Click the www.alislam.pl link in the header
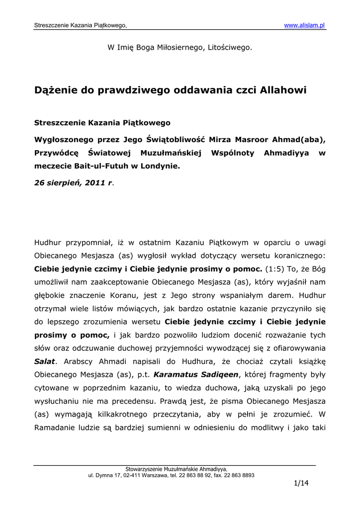(304, 25)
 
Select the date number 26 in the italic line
(39, 182)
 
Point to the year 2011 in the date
(94, 182)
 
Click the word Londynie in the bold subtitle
(158, 167)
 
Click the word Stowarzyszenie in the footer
(145, 469)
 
